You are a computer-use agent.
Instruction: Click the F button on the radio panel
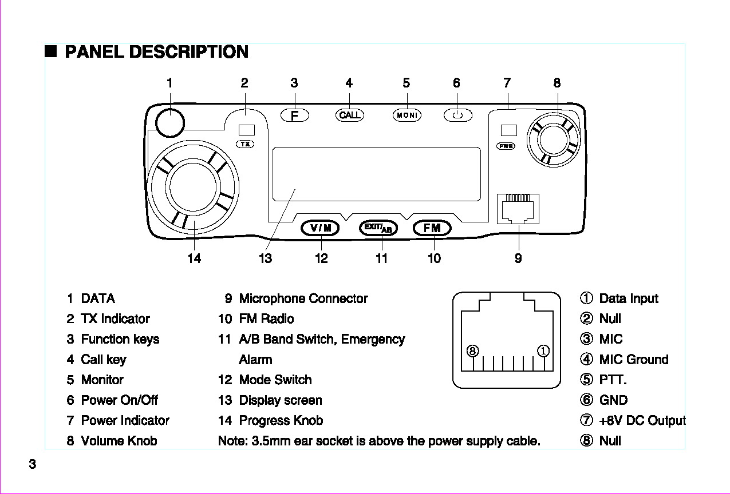pyautogui.click(x=295, y=115)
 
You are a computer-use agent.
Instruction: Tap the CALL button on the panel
pyautogui.click(x=349, y=115)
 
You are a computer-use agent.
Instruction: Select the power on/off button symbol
pyautogui.click(x=457, y=115)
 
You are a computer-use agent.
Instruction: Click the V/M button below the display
pyautogui.click(x=321, y=228)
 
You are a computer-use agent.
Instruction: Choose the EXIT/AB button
pyautogui.click(x=378, y=228)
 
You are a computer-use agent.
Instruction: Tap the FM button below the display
pyautogui.click(x=432, y=228)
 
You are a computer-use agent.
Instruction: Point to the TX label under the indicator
pyautogui.click(x=246, y=144)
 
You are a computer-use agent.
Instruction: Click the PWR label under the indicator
pyautogui.click(x=506, y=146)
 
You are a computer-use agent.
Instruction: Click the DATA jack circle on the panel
pyautogui.click(x=169, y=122)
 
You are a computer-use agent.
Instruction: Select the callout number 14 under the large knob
pyautogui.click(x=194, y=258)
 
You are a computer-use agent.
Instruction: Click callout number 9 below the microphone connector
pyautogui.click(x=518, y=258)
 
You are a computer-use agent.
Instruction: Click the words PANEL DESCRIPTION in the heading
pyautogui.click(x=157, y=52)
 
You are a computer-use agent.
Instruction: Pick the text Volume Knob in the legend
pyautogui.click(x=119, y=441)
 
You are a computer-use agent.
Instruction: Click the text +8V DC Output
pyautogui.click(x=642, y=421)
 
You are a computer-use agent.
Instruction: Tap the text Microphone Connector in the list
pyautogui.click(x=303, y=298)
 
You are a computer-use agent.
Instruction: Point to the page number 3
pyautogui.click(x=33, y=464)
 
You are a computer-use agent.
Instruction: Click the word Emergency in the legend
pyautogui.click(x=373, y=339)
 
